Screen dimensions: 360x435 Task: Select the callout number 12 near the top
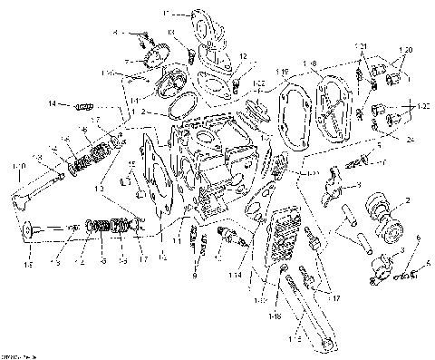click(242, 56)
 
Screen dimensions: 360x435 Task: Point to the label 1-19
click(282, 71)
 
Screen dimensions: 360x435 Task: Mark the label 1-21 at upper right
click(360, 45)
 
